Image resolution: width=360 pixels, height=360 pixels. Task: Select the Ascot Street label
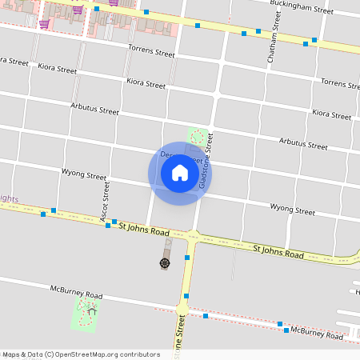click(105, 200)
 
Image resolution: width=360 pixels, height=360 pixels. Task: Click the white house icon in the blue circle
click(180, 173)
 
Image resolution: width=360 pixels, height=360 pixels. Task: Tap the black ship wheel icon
click(165, 262)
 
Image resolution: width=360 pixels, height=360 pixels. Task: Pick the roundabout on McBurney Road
click(182, 308)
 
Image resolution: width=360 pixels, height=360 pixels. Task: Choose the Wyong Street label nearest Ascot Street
click(84, 174)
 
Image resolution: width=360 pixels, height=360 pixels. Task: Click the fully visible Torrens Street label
click(151, 52)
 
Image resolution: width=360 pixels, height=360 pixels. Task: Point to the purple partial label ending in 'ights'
click(8, 198)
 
